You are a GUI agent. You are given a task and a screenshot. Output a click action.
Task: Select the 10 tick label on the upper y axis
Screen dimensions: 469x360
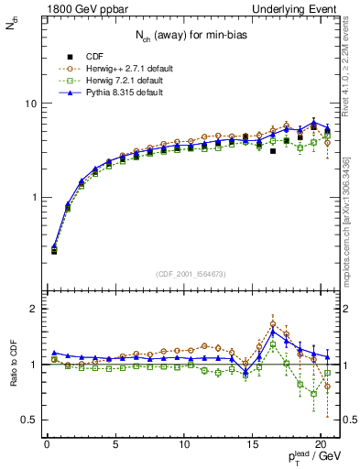[x=29, y=104]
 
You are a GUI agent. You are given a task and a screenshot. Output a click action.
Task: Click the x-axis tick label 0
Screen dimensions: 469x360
[x=47, y=446]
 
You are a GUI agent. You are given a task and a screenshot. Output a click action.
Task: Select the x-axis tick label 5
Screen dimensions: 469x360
[x=115, y=446]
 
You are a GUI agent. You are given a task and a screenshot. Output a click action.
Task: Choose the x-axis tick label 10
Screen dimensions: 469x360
[x=184, y=446]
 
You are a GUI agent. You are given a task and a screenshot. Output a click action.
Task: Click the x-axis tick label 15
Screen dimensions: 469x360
[x=253, y=446]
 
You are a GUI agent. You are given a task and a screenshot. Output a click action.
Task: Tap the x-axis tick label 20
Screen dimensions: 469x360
[x=321, y=446]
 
